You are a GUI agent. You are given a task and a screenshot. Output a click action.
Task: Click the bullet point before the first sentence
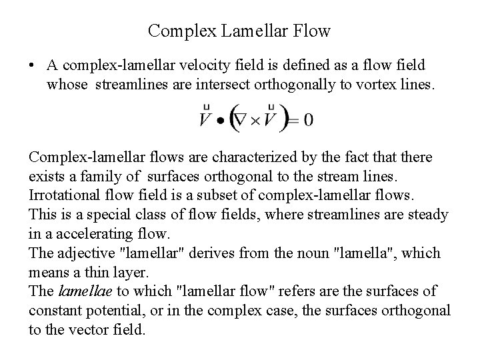pyautogui.click(x=33, y=66)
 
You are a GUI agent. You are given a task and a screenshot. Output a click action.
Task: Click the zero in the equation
pyautogui.click(x=289, y=121)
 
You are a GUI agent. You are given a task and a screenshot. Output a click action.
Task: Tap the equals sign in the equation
pyautogui.click(x=273, y=121)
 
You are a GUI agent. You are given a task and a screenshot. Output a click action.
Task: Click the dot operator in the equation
pyautogui.click(x=219, y=121)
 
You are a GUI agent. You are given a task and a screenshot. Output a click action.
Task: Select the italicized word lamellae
pyautogui.click(x=83, y=291)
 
